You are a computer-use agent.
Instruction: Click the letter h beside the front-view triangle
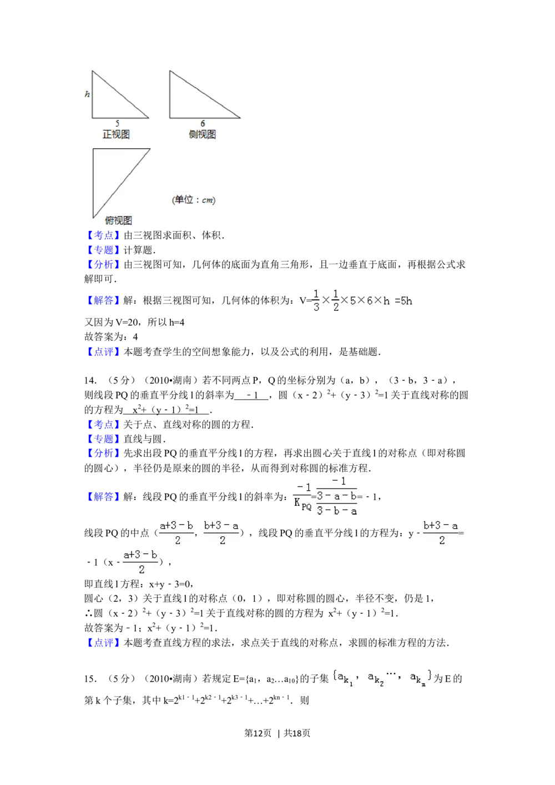(x=87, y=94)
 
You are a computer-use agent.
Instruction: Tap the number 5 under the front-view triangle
(x=117, y=123)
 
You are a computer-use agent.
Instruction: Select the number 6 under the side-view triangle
(x=203, y=123)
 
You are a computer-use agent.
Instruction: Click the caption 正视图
(x=116, y=134)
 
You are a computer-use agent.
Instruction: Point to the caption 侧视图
(x=202, y=134)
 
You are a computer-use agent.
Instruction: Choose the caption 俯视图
(x=118, y=220)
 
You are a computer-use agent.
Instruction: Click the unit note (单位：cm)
(x=194, y=200)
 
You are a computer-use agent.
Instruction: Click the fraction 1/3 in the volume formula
(x=316, y=300)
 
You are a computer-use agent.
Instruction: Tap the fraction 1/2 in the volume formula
(x=335, y=300)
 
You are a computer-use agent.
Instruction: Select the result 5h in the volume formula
(x=406, y=301)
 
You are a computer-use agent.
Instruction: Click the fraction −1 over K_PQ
(x=302, y=496)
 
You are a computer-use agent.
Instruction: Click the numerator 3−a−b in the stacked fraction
(x=337, y=496)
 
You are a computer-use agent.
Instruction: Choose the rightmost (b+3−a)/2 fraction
(x=441, y=532)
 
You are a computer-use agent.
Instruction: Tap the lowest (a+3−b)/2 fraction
(x=140, y=562)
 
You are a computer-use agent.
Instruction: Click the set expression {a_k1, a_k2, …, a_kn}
(x=382, y=677)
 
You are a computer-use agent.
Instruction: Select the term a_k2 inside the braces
(x=376, y=678)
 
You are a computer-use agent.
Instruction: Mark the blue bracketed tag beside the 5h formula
(x=103, y=300)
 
